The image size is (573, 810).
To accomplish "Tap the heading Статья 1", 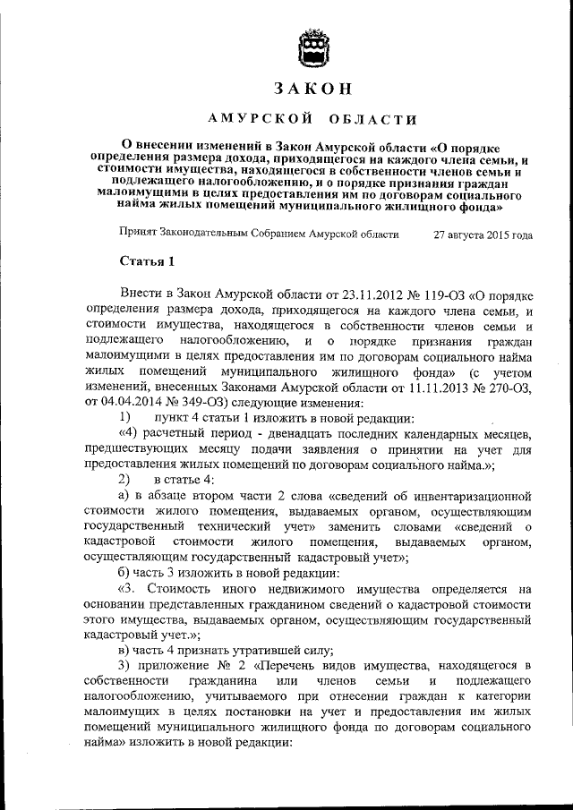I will point(141,261).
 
